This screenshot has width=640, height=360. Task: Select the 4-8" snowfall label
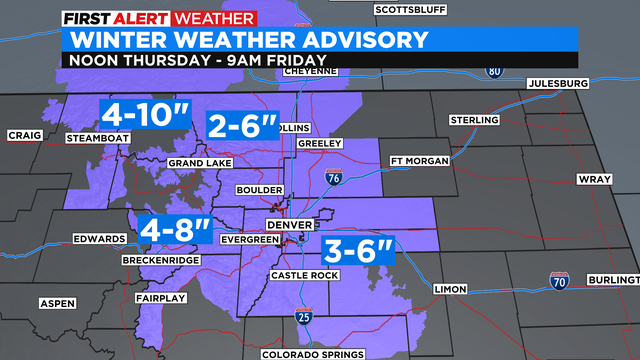click(176, 230)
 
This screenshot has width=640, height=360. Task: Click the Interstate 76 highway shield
click(334, 178)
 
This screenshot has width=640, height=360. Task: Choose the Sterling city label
click(474, 119)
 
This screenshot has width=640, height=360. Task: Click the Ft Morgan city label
click(417, 160)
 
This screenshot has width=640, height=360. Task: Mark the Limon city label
click(449, 289)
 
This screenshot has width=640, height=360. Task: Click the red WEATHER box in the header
click(215, 18)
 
